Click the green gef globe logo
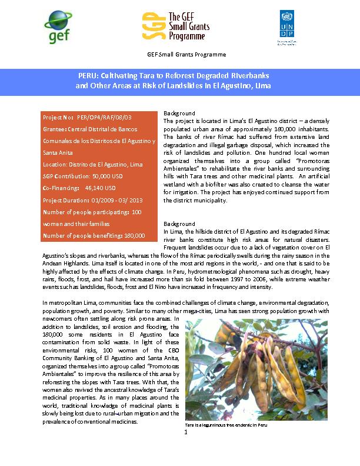coord(58,26)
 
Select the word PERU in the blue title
coord(89,76)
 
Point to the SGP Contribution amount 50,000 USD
coord(112,176)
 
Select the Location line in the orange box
coord(92,164)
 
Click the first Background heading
coord(179,113)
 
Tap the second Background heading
coord(179,224)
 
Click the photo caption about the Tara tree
coord(222,424)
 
